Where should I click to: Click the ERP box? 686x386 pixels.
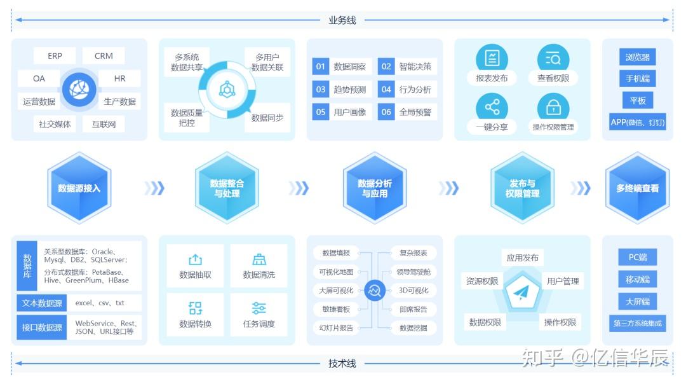pos(55,56)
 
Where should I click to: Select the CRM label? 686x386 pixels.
pos(104,56)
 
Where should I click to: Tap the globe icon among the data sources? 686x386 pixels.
pos(79,90)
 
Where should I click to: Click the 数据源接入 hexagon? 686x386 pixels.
pos(79,188)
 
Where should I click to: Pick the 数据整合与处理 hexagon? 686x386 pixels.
pos(227,188)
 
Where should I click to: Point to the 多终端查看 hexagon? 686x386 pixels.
pos(637,188)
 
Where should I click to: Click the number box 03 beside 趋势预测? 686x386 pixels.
pos(321,90)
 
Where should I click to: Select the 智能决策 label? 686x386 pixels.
pos(415,67)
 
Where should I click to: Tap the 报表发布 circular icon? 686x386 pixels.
pos(492,59)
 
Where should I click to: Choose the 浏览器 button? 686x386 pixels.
pos(637,58)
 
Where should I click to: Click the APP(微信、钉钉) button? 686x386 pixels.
pos(637,122)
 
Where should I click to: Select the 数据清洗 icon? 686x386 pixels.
pos(259,259)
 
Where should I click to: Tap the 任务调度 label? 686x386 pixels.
pos(259,324)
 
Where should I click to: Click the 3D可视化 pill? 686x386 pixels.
pos(413,291)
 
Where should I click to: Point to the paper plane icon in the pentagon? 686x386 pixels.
pos(521,292)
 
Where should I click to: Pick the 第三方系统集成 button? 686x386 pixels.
pos(637,323)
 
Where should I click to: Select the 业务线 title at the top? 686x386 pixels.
pos(342,20)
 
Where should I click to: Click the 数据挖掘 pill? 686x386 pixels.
pos(413,328)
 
